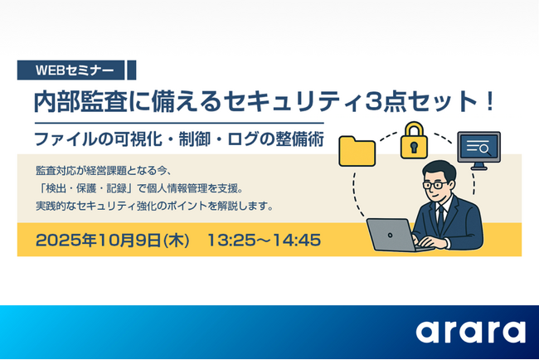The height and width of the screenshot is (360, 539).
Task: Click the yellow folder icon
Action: point(358,151)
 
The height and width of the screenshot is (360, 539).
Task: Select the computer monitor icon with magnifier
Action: point(478,149)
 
